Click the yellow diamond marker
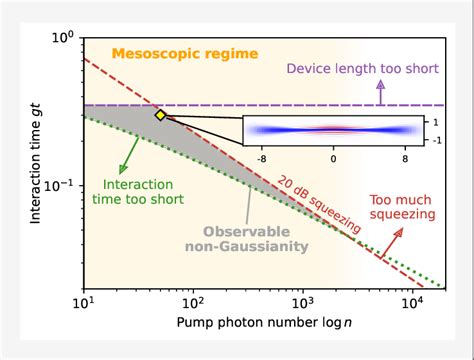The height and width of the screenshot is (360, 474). click(160, 115)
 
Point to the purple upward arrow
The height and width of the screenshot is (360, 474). click(380, 92)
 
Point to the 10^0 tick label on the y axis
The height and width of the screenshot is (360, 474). click(63, 38)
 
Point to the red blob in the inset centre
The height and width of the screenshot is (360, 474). click(333, 130)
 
